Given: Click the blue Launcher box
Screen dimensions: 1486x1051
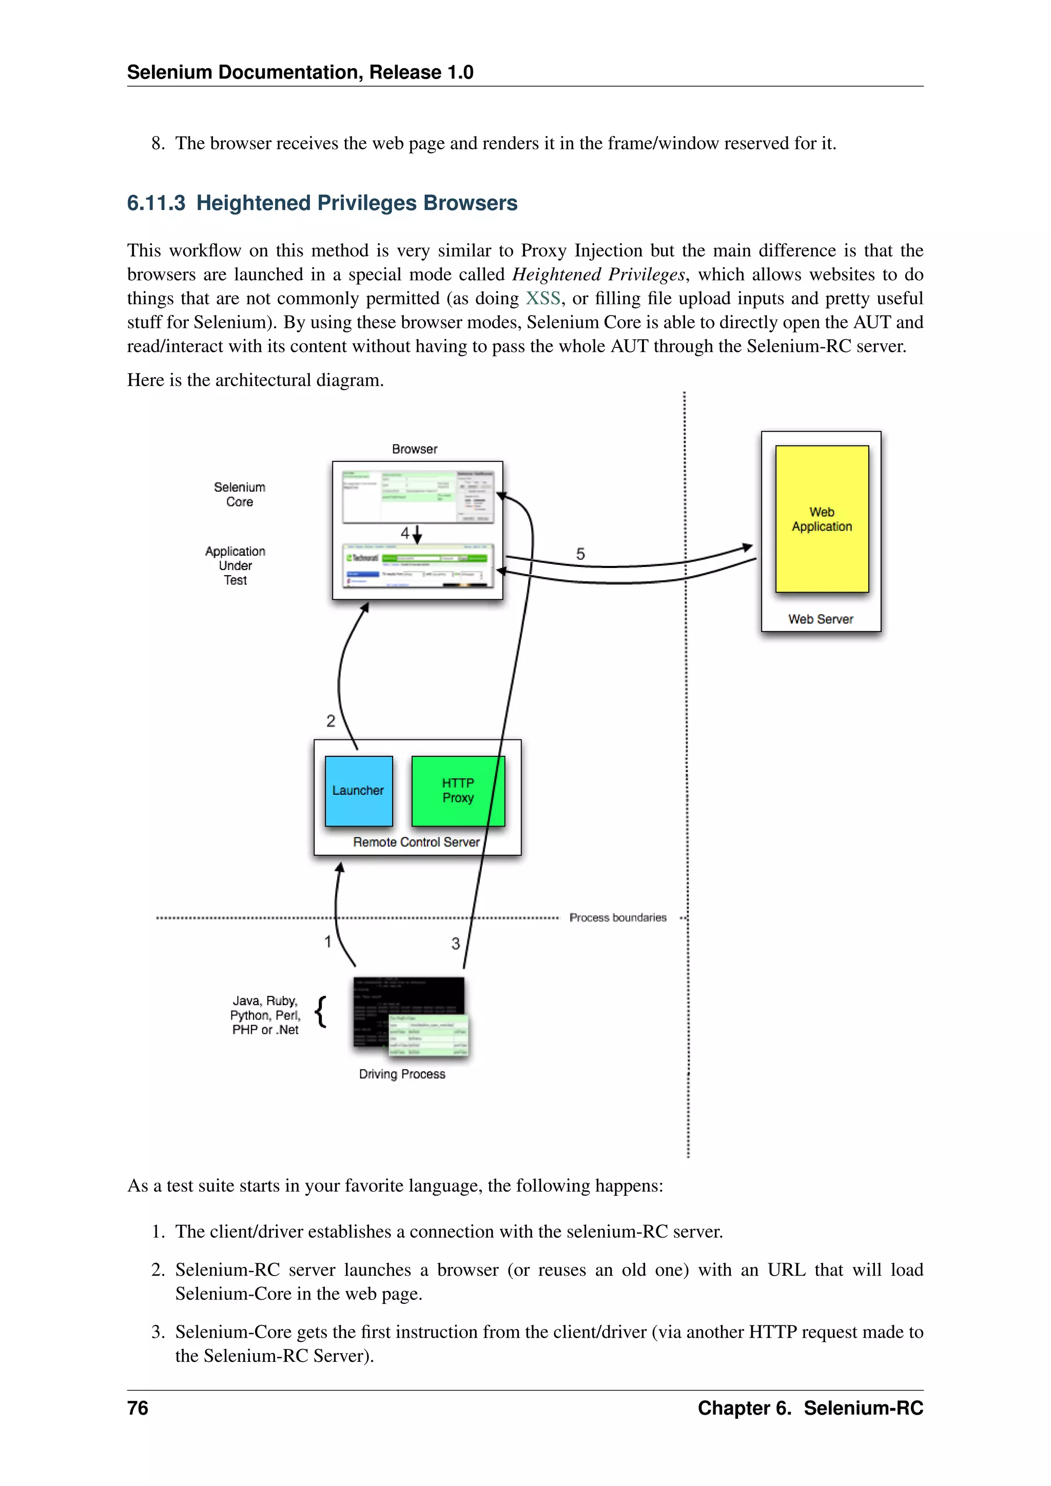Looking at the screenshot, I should coord(359,790).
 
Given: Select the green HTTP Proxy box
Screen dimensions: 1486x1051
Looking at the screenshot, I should coord(458,790).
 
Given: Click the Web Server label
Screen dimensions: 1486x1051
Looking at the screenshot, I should coord(820,619).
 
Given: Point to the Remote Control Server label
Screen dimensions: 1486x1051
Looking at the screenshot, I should coord(416,842).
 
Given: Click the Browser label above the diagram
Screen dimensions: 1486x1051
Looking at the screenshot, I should coord(414,449).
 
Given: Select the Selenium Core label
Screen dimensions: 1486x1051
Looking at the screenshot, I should coord(240,495).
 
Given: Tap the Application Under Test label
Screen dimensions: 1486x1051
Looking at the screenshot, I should coord(235,565).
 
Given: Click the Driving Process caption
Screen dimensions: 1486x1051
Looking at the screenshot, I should coord(402,1074).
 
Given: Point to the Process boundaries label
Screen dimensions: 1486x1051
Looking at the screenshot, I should coord(617,918).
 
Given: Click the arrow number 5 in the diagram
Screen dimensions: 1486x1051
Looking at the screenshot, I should coord(580,554).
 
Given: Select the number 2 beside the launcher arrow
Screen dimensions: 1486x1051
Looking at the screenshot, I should coord(330,721).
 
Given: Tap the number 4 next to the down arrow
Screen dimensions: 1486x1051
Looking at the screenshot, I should coord(405,533).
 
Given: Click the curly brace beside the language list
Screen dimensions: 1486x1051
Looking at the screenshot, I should coord(321,1012).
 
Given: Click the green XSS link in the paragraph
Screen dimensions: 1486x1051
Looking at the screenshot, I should coord(542,298).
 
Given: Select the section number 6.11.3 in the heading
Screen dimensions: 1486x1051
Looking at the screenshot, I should coord(156,203).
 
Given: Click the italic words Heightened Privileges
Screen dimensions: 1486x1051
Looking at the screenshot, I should coord(598,275).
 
